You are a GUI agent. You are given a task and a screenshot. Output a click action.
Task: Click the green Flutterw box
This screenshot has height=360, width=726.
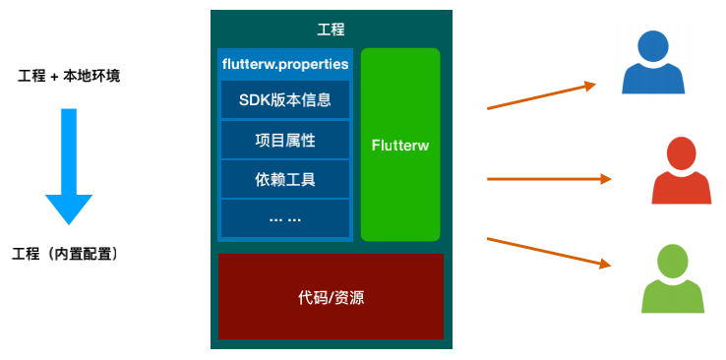pos(399,145)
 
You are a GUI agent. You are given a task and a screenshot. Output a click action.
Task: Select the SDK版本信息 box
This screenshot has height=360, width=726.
pos(284,99)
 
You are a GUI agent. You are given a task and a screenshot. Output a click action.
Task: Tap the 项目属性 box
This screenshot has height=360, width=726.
pos(284,140)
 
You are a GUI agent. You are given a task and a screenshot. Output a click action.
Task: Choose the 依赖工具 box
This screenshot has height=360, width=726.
pos(284,179)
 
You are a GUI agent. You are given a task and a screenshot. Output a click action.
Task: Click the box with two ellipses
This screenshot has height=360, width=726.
pos(284,218)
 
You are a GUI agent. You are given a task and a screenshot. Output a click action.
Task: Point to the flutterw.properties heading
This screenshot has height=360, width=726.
pos(285,64)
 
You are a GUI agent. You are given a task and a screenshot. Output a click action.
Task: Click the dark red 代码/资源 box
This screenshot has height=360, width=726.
pos(331,296)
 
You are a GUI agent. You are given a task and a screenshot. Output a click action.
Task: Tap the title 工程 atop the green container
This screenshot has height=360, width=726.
pos(332,30)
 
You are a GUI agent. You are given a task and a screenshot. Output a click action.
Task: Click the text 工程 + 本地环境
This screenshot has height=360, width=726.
pos(69,76)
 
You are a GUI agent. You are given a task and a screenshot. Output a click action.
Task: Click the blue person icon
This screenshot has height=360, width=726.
pos(653,63)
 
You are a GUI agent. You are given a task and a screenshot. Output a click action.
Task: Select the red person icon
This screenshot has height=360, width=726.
pos(681,173)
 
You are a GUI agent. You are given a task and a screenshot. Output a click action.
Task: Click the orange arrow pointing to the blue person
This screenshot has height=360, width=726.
pos(542,95)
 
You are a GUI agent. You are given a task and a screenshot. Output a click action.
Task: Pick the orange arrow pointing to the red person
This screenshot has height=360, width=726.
pos(549,179)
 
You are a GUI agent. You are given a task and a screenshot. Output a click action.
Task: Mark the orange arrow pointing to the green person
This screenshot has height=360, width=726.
pos(549,252)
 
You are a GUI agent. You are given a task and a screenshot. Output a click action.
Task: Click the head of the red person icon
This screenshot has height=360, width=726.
pos(681,152)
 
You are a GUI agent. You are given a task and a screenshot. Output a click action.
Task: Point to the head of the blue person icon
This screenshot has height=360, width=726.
pos(653,43)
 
